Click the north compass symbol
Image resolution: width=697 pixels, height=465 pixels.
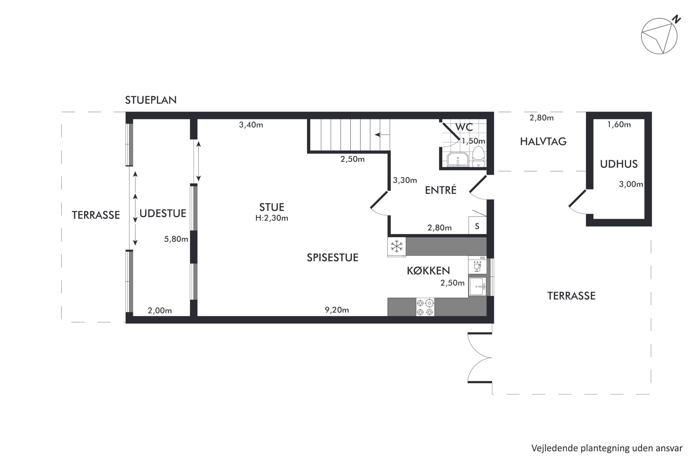[x=660, y=36]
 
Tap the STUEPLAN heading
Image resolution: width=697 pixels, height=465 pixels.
[x=151, y=100]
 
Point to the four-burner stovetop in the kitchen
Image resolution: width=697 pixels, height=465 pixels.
[x=425, y=307]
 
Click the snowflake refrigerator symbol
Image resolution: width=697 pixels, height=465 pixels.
[x=397, y=246]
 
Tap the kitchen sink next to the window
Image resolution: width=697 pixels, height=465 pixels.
[x=477, y=286]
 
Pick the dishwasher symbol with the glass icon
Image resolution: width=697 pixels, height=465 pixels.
[x=477, y=265]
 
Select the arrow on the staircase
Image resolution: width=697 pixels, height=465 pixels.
[x=382, y=135]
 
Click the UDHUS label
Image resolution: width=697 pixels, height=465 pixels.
[x=619, y=164]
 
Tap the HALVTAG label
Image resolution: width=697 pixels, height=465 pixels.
[x=543, y=141]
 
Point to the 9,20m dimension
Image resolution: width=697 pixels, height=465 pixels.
[x=337, y=310]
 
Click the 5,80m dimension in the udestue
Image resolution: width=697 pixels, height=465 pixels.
[x=176, y=239]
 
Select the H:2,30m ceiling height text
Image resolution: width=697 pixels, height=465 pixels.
[x=272, y=218]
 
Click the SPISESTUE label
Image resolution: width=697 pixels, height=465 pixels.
[x=332, y=257]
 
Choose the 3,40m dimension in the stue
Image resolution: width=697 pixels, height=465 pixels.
[x=251, y=125]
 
